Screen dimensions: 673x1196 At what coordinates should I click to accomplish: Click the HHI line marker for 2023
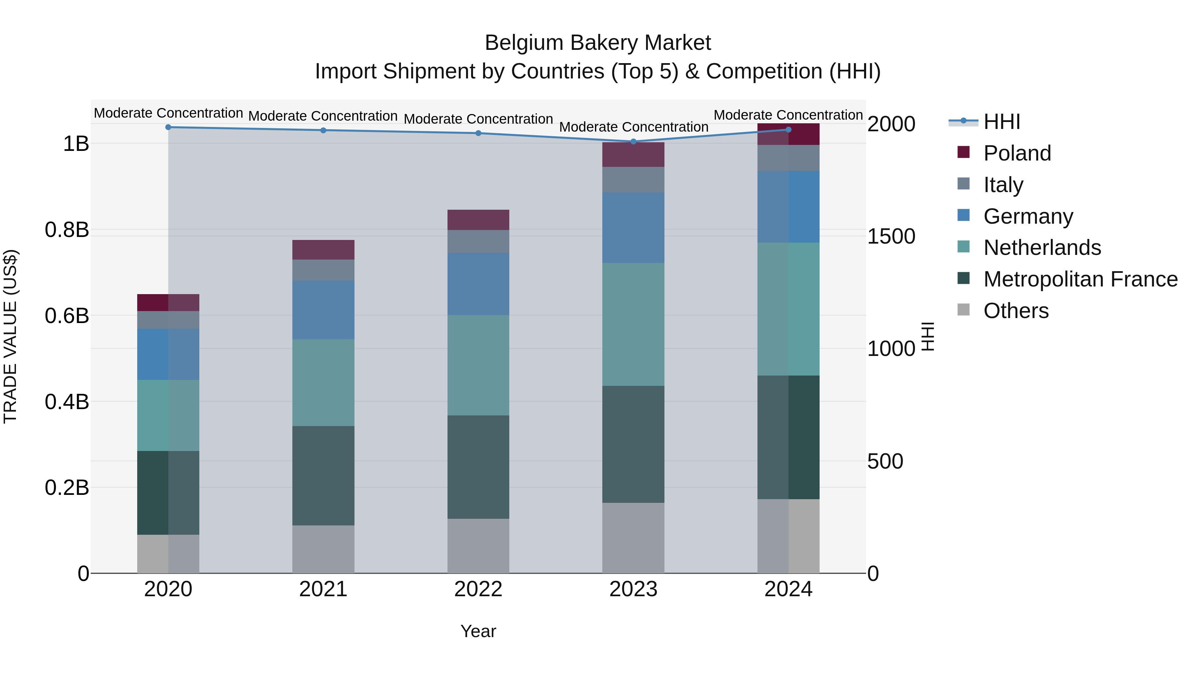point(633,141)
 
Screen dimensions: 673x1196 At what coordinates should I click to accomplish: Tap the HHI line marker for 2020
point(168,127)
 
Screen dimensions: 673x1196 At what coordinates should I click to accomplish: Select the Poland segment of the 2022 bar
point(478,220)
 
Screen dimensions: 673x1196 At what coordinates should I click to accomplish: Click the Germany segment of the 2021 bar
point(323,310)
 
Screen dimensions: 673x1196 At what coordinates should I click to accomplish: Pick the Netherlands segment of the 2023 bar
point(633,324)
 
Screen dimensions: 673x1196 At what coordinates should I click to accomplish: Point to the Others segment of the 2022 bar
point(478,546)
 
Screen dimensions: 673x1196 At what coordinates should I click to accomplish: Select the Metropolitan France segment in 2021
point(323,476)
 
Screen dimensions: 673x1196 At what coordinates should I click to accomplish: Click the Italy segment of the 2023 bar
point(633,180)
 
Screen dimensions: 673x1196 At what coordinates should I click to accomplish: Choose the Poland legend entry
point(1017,153)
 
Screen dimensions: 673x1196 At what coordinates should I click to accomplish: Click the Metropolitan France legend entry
point(1080,279)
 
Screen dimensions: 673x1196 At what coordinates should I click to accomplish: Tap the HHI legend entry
point(1001,122)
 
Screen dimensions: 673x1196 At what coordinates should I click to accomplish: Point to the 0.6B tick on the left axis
point(67,316)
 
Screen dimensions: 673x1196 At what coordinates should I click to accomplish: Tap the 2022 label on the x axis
point(478,589)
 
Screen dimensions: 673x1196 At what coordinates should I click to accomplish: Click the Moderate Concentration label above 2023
point(633,127)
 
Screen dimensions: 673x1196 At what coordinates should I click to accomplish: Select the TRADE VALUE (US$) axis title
point(10,336)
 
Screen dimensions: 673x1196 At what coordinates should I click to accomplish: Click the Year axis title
point(478,631)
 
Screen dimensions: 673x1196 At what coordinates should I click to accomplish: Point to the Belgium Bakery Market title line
point(598,43)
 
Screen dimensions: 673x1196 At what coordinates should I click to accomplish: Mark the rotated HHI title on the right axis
point(928,336)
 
